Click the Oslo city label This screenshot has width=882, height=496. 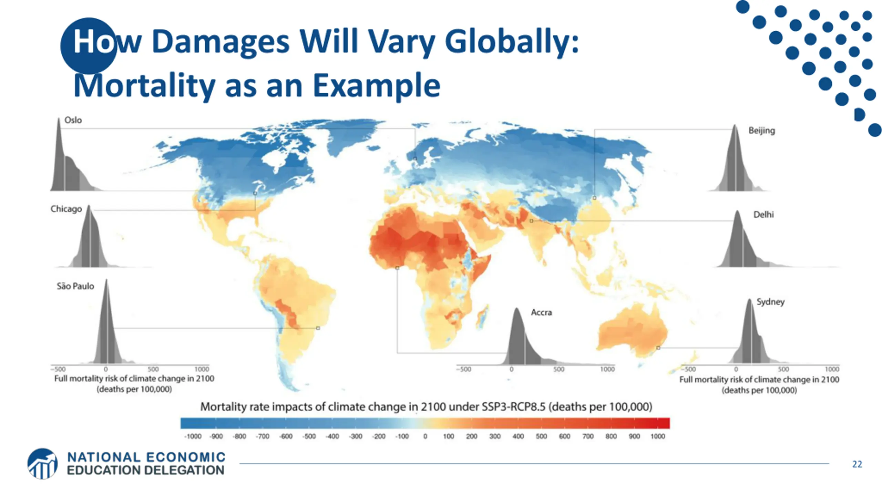click(73, 120)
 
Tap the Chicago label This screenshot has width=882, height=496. click(66, 209)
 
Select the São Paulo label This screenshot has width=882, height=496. click(75, 286)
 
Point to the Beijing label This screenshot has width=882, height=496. click(762, 131)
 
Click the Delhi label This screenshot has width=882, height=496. click(763, 215)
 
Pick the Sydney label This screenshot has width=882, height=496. click(770, 302)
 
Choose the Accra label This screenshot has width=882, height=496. click(541, 312)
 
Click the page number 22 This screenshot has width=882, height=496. click(857, 464)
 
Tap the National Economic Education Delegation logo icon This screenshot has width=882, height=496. click(42, 464)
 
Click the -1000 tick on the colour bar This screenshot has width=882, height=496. click(193, 436)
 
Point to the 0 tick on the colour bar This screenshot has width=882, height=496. click(425, 436)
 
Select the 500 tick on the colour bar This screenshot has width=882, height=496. click(541, 436)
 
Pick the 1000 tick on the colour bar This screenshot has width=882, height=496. click(657, 436)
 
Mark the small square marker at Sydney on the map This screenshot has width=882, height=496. click(658, 348)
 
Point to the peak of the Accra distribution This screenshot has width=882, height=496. click(516, 309)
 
